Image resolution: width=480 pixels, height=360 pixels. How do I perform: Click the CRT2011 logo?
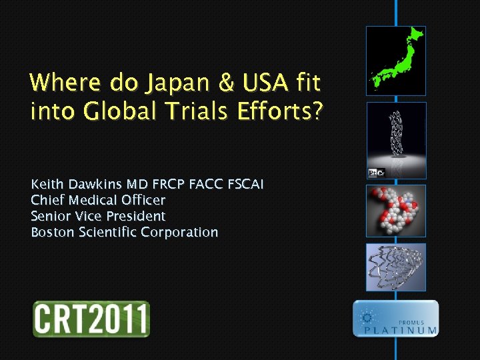tap(91, 319)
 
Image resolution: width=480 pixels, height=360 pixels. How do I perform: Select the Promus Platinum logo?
tap(396, 319)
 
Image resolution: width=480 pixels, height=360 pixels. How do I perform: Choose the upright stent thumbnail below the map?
tap(396, 140)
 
